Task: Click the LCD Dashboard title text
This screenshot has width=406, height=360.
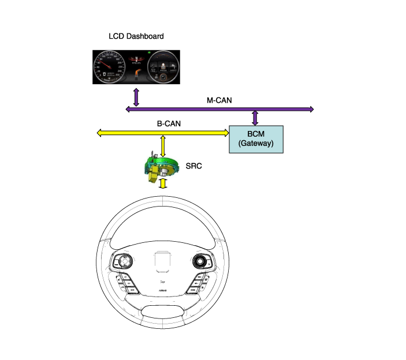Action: [x=136, y=36]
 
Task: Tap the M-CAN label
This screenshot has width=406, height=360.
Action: [x=219, y=100]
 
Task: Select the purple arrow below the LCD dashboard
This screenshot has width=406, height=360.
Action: [x=136, y=97]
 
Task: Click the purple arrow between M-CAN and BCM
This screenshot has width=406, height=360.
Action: [x=255, y=117]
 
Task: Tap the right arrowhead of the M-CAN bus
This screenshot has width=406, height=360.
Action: [x=311, y=109]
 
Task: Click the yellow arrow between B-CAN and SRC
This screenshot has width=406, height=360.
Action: [x=163, y=145]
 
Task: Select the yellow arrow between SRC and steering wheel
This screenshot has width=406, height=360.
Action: [x=163, y=183]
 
